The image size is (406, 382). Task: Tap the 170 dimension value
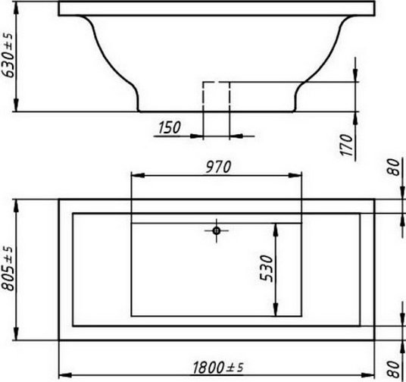tap(347, 144)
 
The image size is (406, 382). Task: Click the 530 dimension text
tap(266, 269)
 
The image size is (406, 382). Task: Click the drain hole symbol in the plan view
tap(217, 229)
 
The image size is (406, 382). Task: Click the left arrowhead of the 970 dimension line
tap(136, 176)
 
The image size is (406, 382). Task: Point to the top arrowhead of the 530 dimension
tap(276, 227)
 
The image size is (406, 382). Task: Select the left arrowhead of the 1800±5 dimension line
tap(64, 374)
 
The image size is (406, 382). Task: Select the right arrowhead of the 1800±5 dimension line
tap(370, 374)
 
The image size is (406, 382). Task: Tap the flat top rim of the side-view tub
tap(217, 8)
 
